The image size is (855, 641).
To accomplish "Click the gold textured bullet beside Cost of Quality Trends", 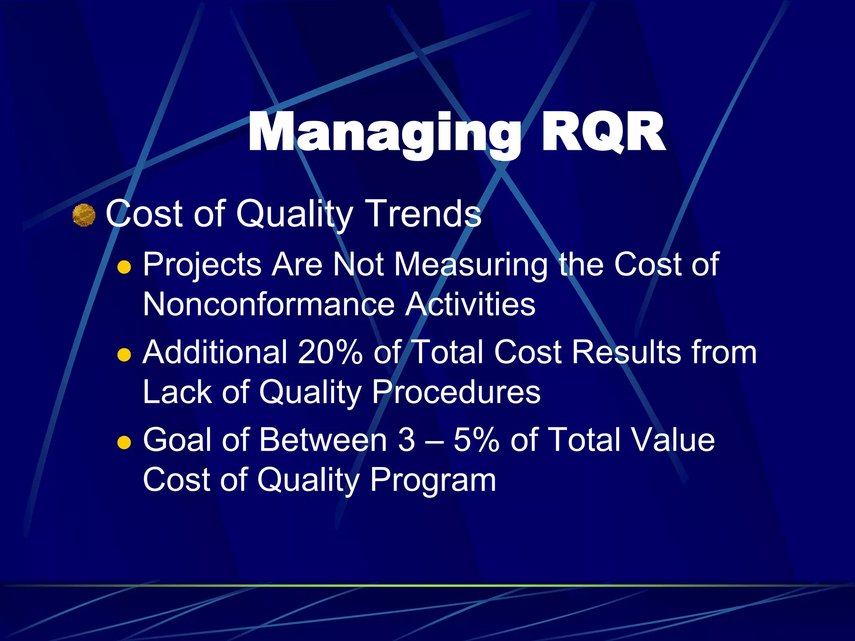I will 84,215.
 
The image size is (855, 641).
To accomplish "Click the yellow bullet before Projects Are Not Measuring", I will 124,267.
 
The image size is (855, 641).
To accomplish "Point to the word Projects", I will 202,265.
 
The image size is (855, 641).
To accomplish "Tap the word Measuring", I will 471,265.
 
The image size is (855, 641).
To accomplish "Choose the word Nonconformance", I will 268,304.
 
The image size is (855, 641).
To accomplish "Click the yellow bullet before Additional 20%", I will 124,355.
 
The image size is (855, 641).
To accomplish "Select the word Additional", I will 215,352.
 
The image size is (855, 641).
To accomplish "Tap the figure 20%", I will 330,352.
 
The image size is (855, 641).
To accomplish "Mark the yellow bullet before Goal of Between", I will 124,442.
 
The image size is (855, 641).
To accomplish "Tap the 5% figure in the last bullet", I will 476,440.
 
